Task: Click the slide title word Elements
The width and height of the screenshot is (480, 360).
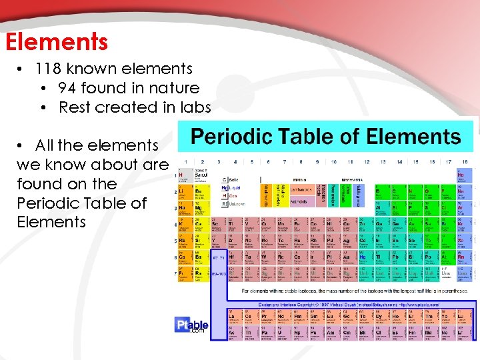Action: (56, 42)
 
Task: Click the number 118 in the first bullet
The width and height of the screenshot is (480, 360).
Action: (50, 69)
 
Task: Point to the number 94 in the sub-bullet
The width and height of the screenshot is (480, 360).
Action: (67, 88)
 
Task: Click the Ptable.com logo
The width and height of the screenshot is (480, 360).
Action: (193, 325)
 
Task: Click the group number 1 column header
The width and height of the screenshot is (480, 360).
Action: (185, 162)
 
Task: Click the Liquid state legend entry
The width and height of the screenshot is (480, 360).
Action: (231, 189)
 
